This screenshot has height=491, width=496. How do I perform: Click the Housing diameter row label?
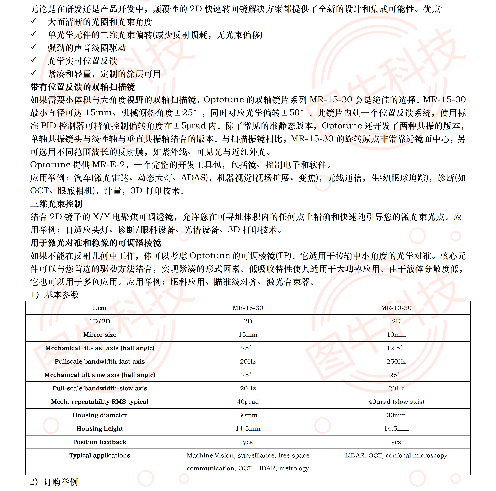tap(100, 415)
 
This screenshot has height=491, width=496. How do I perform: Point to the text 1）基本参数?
tap(55, 295)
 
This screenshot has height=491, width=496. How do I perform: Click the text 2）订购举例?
tap(54, 482)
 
